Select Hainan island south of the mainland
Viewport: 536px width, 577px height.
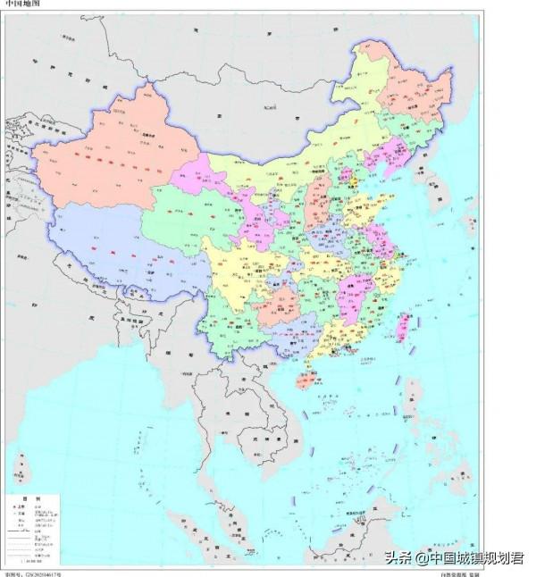click(x=305, y=382)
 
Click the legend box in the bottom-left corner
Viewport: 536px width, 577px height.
click(x=35, y=527)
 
